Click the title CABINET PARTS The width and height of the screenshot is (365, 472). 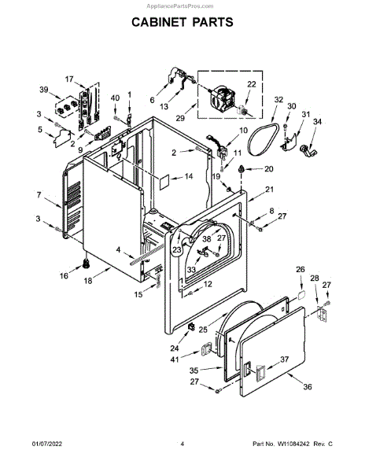(182, 22)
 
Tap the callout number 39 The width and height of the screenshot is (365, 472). (44, 90)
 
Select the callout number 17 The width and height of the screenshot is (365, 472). (69, 79)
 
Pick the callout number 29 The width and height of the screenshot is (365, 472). (180, 118)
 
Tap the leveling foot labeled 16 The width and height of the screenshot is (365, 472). (87, 264)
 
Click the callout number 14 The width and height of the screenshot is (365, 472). (189, 176)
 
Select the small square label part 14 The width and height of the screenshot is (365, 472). (164, 183)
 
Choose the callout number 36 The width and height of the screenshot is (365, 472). (308, 386)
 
